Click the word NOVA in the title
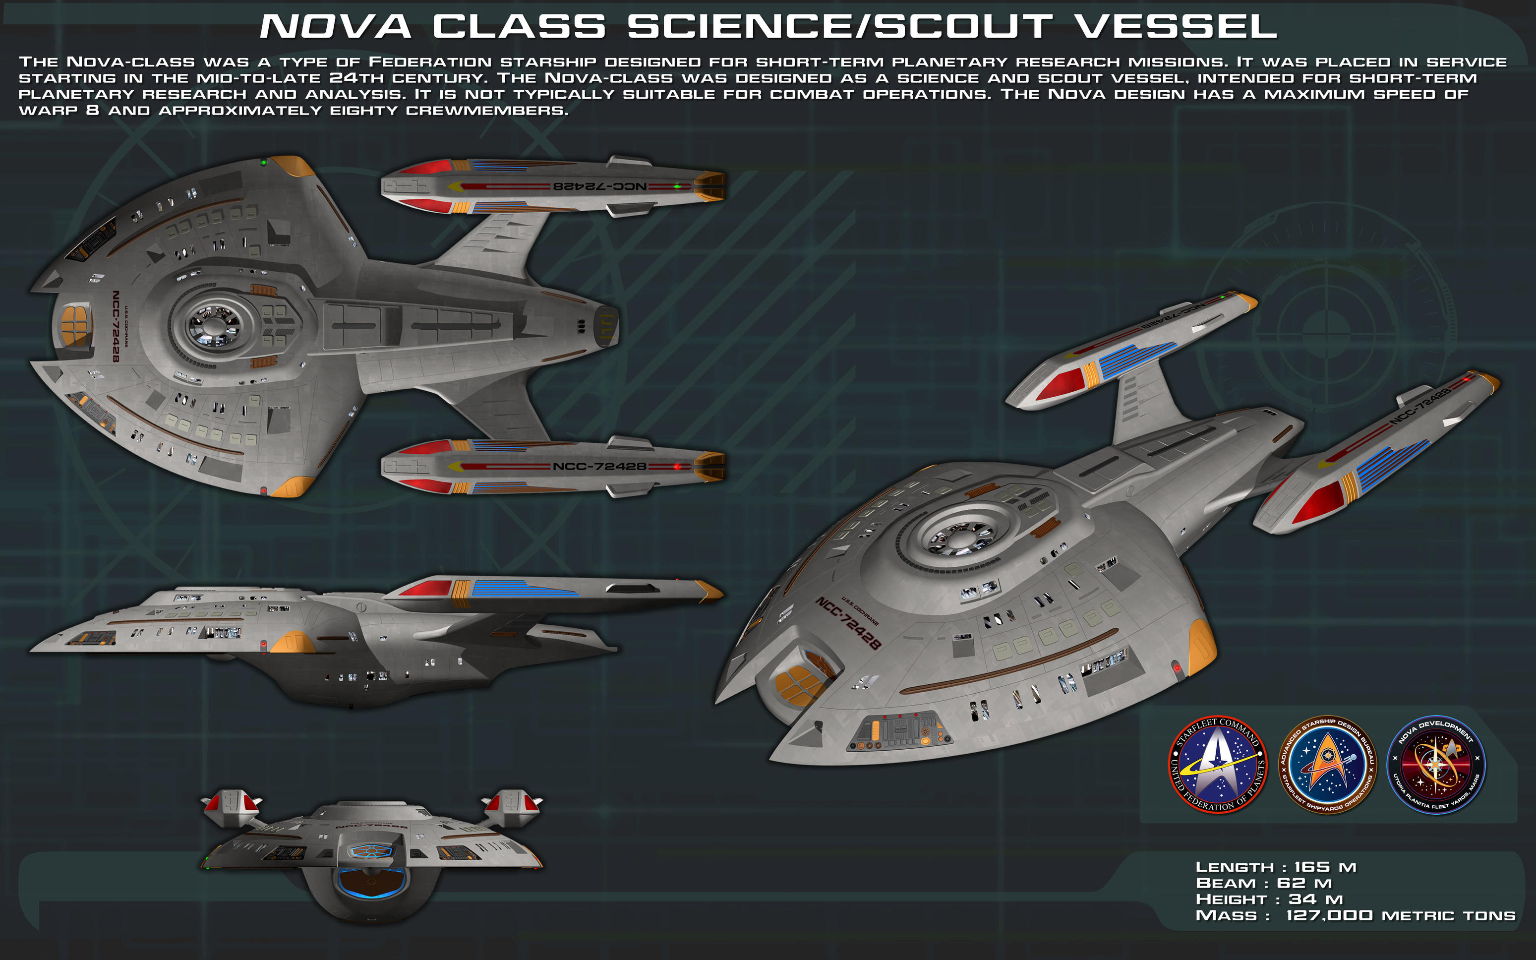tap(335, 27)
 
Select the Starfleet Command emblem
tap(1217, 765)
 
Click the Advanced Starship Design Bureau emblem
tap(1327, 765)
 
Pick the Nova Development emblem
tap(1436, 765)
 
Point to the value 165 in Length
tap(1311, 867)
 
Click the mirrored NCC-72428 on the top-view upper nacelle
tap(600, 186)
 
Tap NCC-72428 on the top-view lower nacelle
tap(600, 467)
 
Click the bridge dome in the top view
tap(213, 325)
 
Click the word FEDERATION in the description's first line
tap(430, 62)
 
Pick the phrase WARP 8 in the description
tap(59, 111)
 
